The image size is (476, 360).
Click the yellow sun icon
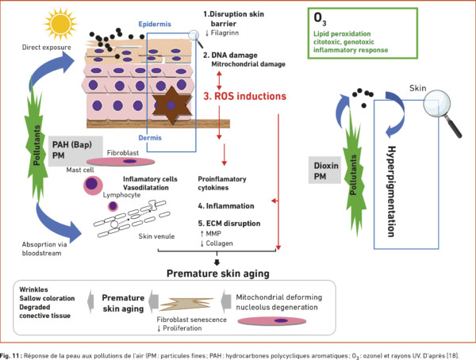(60, 24)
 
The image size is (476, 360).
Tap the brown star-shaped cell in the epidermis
(172, 105)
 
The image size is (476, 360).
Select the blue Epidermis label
(155, 25)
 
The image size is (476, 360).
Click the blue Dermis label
(150, 138)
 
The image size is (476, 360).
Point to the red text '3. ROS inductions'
(244, 96)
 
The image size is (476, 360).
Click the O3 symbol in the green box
(320, 19)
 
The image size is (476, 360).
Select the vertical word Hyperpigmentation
(392, 191)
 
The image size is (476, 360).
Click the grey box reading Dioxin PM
(324, 170)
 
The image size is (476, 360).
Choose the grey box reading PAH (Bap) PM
(75, 151)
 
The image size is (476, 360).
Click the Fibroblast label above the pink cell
(123, 153)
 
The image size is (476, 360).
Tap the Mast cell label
(80, 170)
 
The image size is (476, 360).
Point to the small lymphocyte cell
(113, 206)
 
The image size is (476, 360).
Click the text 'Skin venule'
(156, 236)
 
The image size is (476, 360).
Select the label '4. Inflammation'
(226, 206)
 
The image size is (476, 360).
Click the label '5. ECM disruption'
(229, 224)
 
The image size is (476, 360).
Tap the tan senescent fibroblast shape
(186, 304)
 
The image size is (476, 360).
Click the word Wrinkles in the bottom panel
(33, 289)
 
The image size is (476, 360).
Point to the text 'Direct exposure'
(47, 48)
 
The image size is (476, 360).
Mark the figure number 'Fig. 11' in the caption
(10, 355)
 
